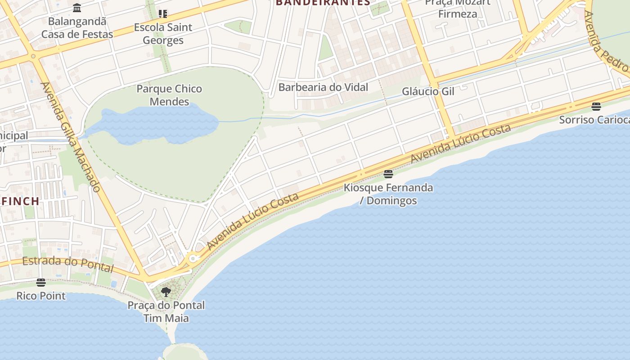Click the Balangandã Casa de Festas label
pyautogui.click(x=77, y=27)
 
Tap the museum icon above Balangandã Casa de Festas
pyautogui.click(x=77, y=8)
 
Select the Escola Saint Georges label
pyautogui.click(x=163, y=34)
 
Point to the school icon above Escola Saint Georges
pyautogui.click(x=163, y=14)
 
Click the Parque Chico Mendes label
pyautogui.click(x=169, y=95)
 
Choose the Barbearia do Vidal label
pyautogui.click(x=323, y=87)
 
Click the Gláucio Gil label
pyautogui.click(x=428, y=91)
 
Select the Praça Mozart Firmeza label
pyautogui.click(x=458, y=9)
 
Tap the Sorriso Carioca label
pyautogui.click(x=594, y=120)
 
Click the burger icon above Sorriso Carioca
pyautogui.click(x=596, y=107)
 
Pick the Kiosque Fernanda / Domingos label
pyautogui.click(x=388, y=194)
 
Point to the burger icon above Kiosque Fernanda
pyautogui.click(x=388, y=174)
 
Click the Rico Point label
pyautogui.click(x=41, y=296)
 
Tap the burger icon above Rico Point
pyautogui.click(x=41, y=283)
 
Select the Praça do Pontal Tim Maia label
pyautogui.click(x=166, y=311)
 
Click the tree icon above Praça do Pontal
pyautogui.click(x=166, y=292)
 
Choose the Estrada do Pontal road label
pyautogui.click(x=67, y=264)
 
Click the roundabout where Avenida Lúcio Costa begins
pyautogui.click(x=193, y=258)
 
